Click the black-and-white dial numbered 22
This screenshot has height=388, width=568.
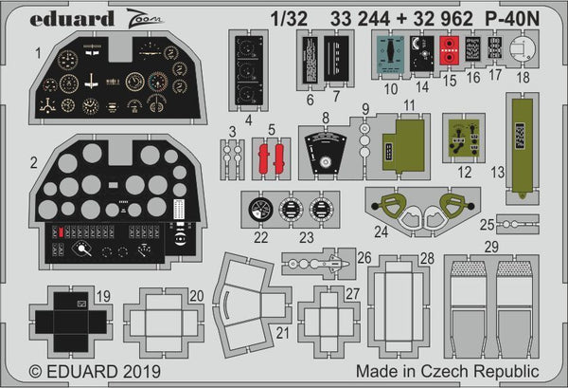coord(258,210)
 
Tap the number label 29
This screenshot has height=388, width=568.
coord(490,246)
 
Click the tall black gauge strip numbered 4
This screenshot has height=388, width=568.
coord(250,69)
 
